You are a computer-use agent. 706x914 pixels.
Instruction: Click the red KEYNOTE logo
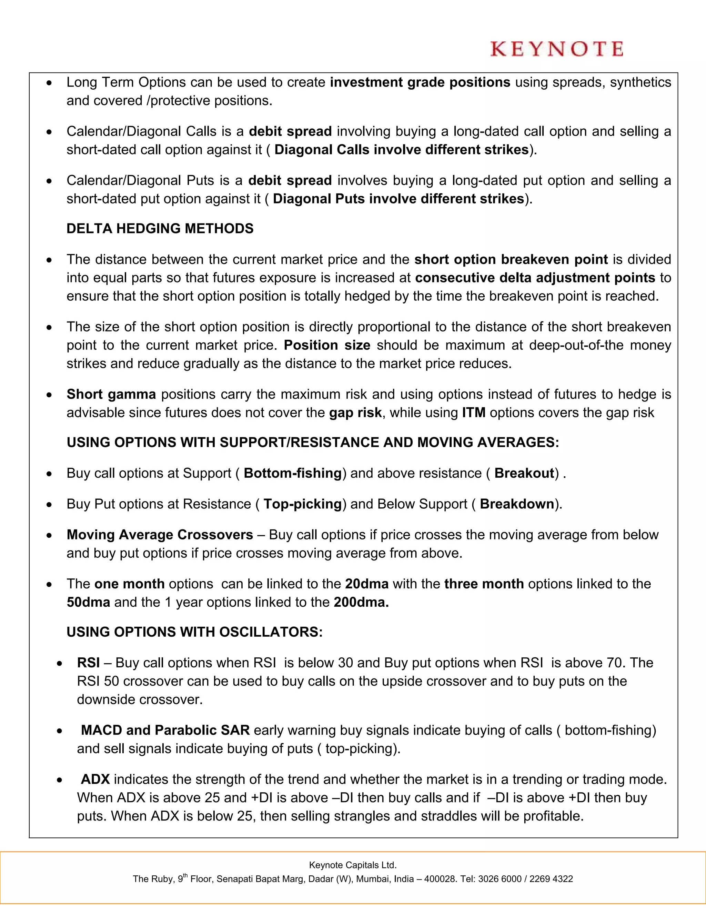[x=557, y=49]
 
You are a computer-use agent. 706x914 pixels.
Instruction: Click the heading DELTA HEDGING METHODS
[x=160, y=228]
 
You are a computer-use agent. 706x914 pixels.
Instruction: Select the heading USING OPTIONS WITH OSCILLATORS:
[x=194, y=632]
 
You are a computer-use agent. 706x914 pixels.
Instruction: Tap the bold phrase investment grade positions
[x=420, y=82]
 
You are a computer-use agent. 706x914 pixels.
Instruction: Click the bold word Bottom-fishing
[x=293, y=473]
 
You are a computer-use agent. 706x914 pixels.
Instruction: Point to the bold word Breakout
[x=524, y=473]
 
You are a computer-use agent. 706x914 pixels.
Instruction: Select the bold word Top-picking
[x=302, y=504]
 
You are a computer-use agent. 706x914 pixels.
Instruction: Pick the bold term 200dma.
[x=361, y=602]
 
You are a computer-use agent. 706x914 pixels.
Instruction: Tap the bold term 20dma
[x=366, y=584]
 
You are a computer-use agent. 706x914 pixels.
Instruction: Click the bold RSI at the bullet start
[x=88, y=663]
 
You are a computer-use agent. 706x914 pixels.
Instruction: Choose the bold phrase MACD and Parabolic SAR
[x=165, y=730]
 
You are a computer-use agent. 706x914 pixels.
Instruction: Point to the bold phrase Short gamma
[x=111, y=394]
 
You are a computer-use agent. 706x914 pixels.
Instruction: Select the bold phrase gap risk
[x=355, y=413]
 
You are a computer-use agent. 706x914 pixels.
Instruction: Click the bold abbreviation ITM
[x=473, y=413]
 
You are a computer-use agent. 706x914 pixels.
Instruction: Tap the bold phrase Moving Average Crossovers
[x=160, y=535]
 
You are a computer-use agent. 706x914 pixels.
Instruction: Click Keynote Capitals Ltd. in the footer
[x=353, y=865]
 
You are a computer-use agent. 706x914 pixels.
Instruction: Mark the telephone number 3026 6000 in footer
[x=500, y=879]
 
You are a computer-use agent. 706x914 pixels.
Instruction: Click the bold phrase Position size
[x=327, y=345]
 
